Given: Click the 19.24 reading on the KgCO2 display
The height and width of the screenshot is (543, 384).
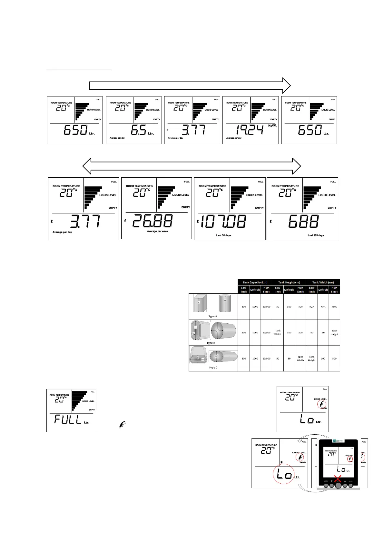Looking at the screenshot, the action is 250,130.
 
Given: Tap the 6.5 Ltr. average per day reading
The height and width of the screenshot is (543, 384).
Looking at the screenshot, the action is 139,130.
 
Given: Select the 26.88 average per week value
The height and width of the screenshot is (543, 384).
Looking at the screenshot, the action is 153,221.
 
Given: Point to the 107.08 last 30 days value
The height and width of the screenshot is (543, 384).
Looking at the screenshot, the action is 223,222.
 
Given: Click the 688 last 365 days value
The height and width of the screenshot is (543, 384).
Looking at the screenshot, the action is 303,222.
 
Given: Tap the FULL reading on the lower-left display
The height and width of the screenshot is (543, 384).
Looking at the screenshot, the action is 68,419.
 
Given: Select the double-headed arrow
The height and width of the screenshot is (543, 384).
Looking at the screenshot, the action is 192,166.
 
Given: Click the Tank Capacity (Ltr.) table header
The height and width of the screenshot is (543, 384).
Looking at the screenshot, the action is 255,282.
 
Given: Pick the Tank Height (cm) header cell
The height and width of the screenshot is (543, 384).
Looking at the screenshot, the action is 289,282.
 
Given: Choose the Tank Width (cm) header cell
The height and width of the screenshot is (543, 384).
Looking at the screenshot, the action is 323,282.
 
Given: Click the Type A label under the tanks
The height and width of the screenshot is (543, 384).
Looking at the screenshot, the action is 213,316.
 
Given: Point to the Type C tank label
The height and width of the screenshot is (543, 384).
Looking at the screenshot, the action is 213,368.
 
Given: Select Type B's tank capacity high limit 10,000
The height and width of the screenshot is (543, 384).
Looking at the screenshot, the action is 266,332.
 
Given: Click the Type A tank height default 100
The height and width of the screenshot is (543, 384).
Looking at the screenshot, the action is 289,307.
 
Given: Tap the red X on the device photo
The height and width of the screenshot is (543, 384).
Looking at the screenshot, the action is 338,479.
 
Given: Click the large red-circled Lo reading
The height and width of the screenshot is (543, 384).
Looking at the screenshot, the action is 284,474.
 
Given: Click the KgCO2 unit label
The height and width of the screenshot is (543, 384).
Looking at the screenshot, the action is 272,126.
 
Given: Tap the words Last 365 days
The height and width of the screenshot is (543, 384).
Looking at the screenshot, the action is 316,235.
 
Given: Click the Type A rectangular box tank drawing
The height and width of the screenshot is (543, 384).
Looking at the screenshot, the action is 200,303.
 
